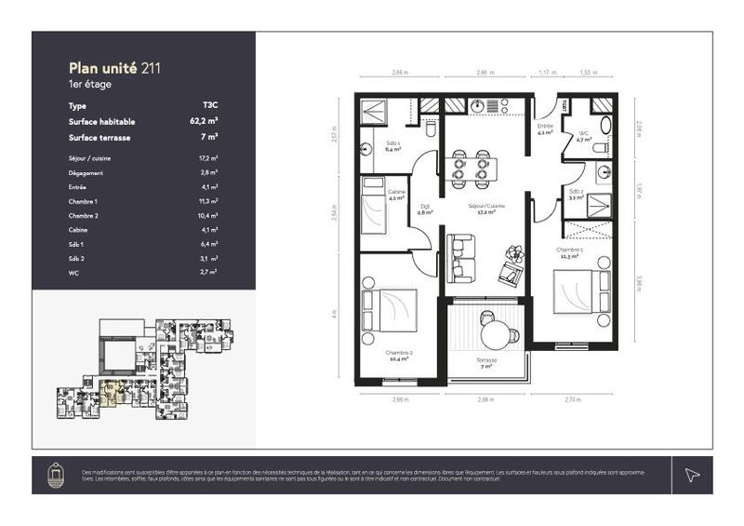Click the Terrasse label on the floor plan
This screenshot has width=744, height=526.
pyautogui.click(x=486, y=360)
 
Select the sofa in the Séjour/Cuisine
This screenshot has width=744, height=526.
pyautogui.click(x=460, y=258)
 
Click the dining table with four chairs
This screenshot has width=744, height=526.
pyautogui.click(x=471, y=168)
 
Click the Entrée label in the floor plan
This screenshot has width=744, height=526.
pyautogui.click(x=545, y=128)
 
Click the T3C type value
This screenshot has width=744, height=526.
pyautogui.click(x=210, y=105)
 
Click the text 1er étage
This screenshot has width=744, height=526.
pyautogui.click(x=90, y=84)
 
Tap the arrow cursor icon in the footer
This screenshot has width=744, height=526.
pyautogui.click(x=692, y=475)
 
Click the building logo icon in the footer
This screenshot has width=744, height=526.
pyautogui.click(x=56, y=475)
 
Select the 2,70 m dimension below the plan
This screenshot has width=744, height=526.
pyautogui.click(x=573, y=399)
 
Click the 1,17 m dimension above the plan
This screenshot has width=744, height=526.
pyautogui.click(x=548, y=72)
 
